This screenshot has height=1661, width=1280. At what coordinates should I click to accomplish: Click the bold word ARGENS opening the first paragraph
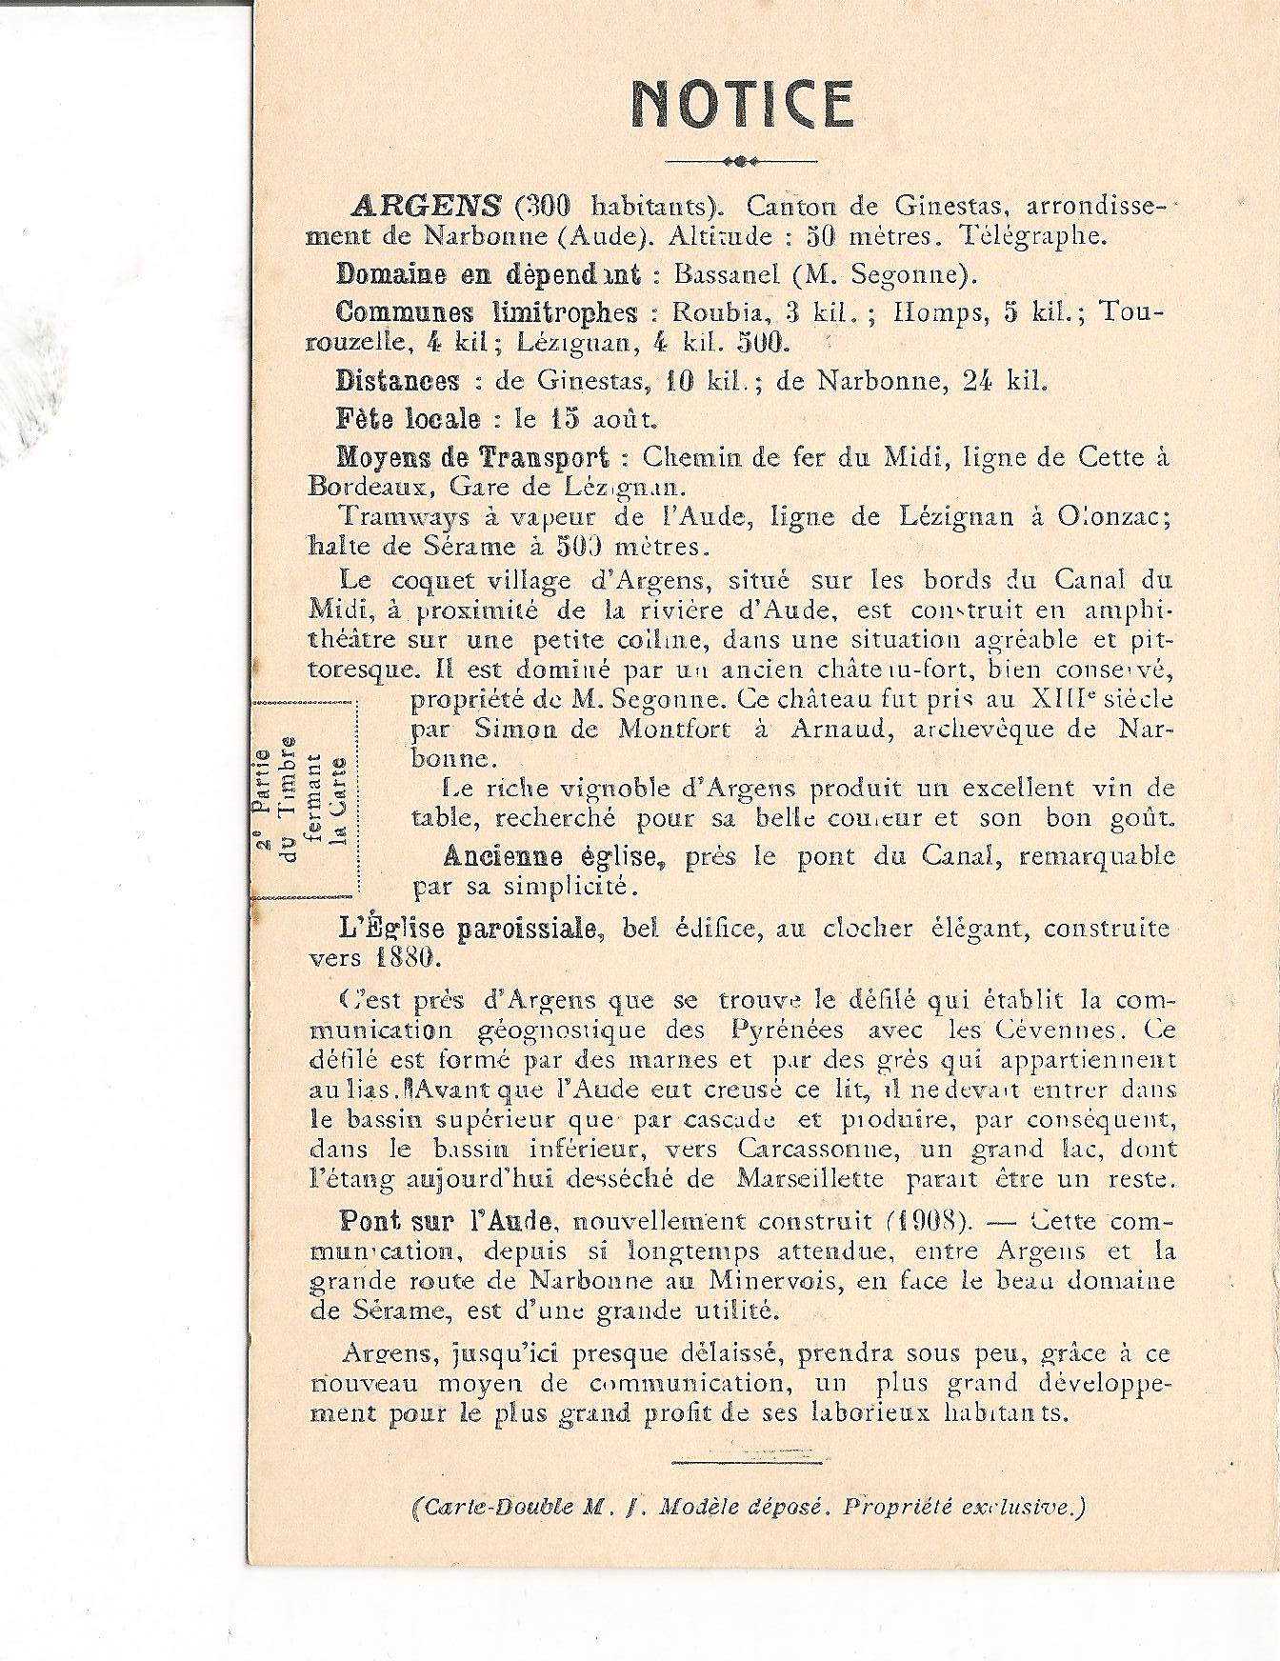(x=427, y=206)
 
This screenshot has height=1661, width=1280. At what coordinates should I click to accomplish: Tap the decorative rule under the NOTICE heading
(x=740, y=160)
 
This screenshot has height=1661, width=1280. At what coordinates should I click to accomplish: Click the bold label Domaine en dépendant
(x=489, y=274)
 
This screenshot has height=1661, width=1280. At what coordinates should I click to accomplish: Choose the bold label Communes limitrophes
(x=487, y=313)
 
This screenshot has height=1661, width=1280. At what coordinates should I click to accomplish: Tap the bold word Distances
(x=397, y=381)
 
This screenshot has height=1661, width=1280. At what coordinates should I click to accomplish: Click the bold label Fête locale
(x=408, y=418)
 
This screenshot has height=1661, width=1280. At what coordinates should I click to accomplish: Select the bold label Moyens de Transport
(x=472, y=456)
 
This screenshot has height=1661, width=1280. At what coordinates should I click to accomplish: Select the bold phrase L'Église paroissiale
(x=459, y=929)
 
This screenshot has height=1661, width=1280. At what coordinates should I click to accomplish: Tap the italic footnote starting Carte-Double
(x=747, y=1508)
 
